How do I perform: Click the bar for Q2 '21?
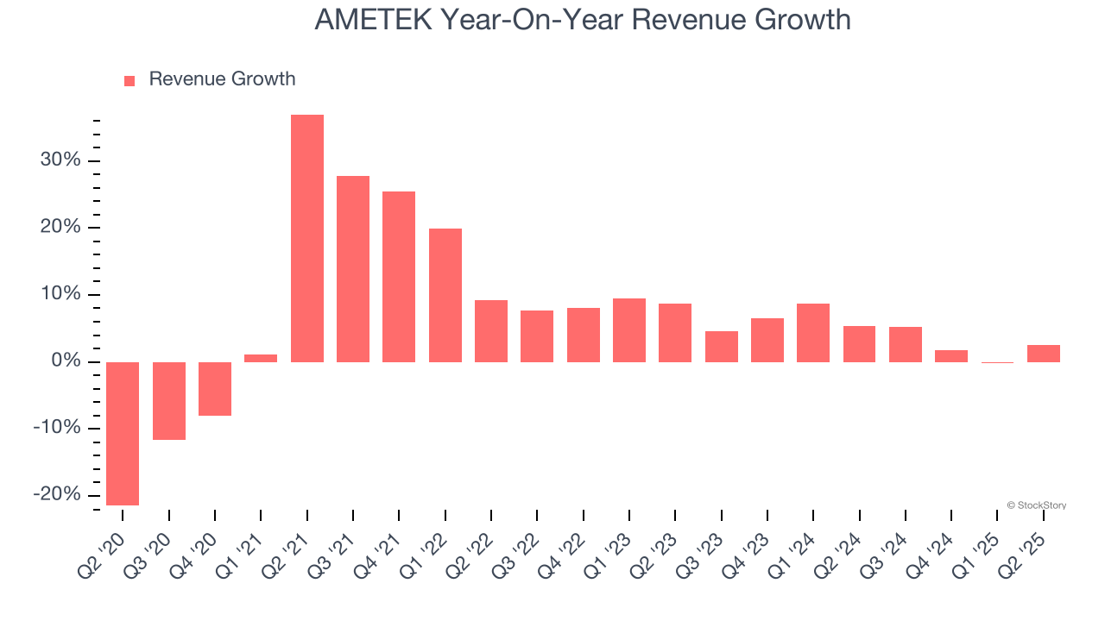tap(307, 238)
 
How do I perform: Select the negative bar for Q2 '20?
tap(123, 433)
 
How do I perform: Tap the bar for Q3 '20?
tap(169, 400)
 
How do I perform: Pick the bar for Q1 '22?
tap(445, 295)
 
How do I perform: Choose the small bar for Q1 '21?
tap(261, 358)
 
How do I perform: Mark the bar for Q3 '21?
tap(353, 268)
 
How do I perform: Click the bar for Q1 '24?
tap(813, 332)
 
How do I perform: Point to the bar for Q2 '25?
tap(1044, 353)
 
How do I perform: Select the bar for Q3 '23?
tap(722, 346)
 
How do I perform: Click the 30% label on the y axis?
tap(60, 160)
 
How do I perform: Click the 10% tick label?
tap(60, 294)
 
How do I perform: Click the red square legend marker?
tap(129, 80)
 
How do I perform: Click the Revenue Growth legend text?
tap(222, 79)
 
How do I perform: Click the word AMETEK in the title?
tap(373, 20)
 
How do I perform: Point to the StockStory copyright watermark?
tap(1036, 505)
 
